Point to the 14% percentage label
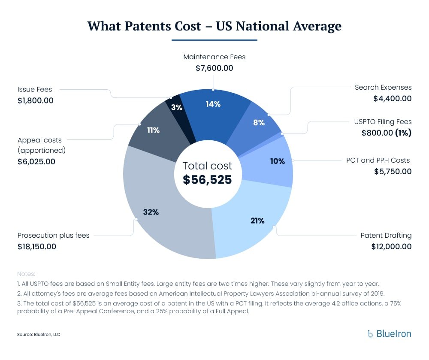(x=213, y=104)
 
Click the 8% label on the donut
(x=259, y=122)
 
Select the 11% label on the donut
(x=153, y=130)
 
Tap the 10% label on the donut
(x=278, y=161)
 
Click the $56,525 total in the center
(x=207, y=180)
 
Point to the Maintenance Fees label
(x=214, y=57)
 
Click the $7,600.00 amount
(x=214, y=68)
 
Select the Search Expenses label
(x=383, y=88)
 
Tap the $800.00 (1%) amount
(x=386, y=133)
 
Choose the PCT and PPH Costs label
(x=378, y=160)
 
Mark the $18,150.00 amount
(x=37, y=247)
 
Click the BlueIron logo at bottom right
(x=389, y=333)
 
